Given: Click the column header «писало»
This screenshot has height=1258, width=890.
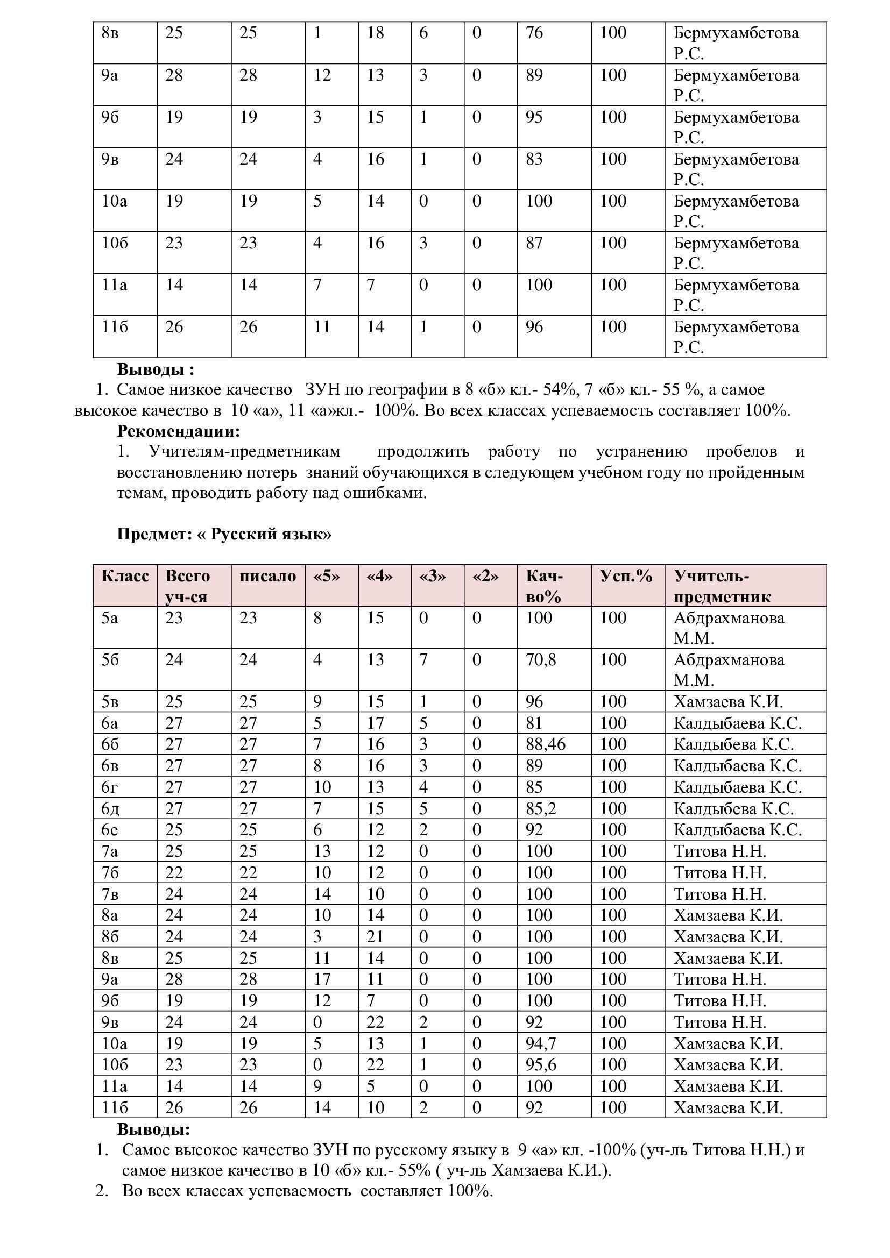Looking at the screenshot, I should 267,576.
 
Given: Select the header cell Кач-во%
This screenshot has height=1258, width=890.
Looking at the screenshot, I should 544,586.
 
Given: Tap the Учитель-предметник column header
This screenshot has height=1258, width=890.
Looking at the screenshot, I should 722,586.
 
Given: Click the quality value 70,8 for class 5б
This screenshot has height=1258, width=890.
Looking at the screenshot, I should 540,660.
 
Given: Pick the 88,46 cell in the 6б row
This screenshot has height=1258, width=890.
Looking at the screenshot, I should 545,744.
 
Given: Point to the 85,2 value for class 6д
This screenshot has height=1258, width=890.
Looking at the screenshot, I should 541,808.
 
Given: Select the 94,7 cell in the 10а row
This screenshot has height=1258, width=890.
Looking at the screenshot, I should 541,1043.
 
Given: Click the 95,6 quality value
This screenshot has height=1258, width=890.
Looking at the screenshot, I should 541,1064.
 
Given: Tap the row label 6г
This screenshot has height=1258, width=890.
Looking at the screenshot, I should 110,787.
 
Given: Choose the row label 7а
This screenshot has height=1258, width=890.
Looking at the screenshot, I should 110,851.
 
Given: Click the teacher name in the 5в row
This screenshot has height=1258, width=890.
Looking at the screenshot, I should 728,702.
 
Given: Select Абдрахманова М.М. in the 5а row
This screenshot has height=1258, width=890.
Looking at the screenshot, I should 729,628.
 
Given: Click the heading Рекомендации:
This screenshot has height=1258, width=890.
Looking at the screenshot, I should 179,431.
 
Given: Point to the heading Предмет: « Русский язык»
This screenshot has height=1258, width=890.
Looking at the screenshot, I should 224,534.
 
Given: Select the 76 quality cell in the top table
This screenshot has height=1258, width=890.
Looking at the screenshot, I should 534,33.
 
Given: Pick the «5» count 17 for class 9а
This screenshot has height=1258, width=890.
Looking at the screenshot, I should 322,979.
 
